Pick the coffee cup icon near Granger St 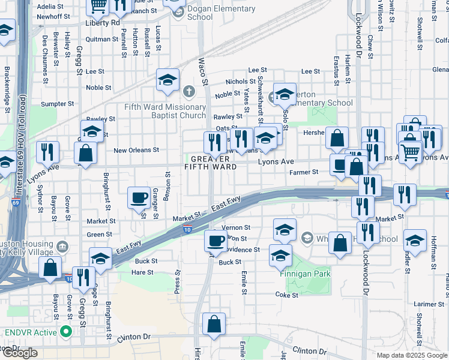pos(139,197)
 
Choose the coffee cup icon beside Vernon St pos(215,241)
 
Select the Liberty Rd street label pos(103,22)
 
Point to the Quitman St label pos(103,39)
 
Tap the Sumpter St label pos(57,104)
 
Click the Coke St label pos(287,295)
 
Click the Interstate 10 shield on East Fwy pos(188,230)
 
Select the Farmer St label pos(304,173)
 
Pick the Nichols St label pos(240,82)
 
